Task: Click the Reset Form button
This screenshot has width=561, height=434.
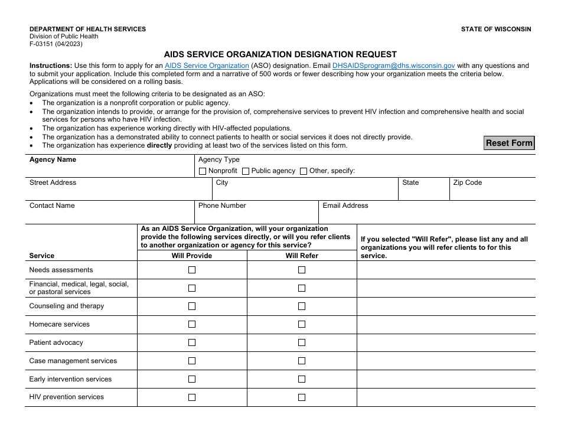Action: point(509,143)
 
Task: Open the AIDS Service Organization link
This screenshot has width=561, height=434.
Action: point(207,66)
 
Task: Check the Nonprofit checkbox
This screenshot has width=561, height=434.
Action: point(203,171)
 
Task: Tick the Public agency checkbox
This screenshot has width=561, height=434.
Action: point(246,171)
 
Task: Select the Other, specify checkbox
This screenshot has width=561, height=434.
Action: point(304,171)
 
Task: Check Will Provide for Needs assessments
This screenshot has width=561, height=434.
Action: point(192,270)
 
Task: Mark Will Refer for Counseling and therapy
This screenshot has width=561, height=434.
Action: point(302,306)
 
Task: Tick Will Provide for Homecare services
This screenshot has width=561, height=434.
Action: point(192,325)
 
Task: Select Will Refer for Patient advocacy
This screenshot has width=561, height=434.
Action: point(302,343)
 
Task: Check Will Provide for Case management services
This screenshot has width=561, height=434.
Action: point(192,361)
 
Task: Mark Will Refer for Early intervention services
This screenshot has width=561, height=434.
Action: point(302,380)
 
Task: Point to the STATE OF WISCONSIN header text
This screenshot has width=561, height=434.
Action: point(496,29)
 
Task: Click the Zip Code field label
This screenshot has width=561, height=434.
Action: point(467,183)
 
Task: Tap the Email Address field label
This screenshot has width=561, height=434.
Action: point(345,206)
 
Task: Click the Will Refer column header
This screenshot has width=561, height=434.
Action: point(302,256)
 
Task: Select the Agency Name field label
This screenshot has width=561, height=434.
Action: point(53,160)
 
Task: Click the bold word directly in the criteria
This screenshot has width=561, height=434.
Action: point(159,145)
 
